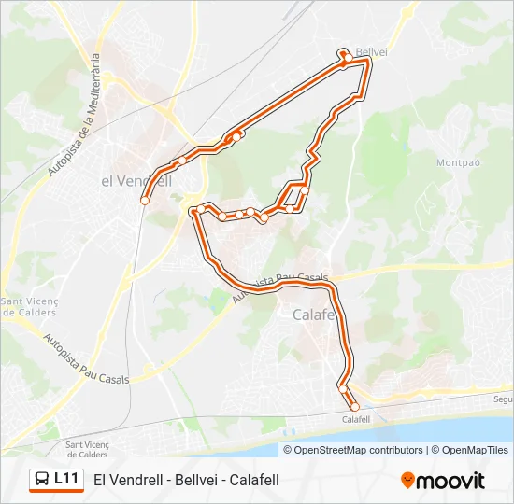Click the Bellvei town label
[x=371, y=51]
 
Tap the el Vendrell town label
[x=136, y=181]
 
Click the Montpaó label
[x=458, y=162]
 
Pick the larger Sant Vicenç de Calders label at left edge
[x=28, y=306]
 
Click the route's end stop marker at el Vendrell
[x=145, y=200]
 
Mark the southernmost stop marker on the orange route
[x=354, y=406]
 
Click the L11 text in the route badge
[x=66, y=479]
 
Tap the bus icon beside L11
[x=43, y=480]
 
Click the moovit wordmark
[x=450, y=480]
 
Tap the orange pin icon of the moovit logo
[x=407, y=480]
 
